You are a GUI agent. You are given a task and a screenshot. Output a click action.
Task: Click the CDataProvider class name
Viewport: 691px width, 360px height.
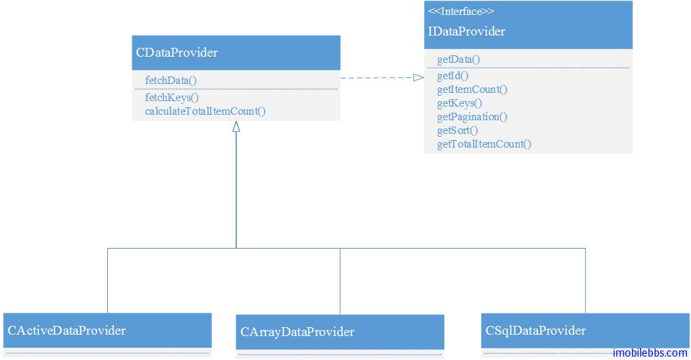177,53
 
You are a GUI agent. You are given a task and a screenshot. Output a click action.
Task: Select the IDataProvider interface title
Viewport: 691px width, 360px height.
466,31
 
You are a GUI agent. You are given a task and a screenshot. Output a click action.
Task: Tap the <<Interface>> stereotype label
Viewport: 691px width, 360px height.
461,11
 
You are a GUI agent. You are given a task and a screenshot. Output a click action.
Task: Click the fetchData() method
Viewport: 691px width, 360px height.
171,81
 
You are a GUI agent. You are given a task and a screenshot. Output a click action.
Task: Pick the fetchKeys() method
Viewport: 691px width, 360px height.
171,98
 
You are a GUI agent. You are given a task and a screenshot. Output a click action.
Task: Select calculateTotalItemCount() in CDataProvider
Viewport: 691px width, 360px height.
205,111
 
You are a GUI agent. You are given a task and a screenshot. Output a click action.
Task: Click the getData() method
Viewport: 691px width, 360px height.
458,59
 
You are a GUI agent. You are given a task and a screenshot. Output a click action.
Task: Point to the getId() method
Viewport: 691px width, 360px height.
453,76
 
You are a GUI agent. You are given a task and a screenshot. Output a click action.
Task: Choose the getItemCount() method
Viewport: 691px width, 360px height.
472,89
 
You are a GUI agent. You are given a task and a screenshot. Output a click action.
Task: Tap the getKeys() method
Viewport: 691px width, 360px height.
459,103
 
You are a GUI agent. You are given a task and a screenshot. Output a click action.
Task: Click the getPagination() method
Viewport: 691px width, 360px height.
472,117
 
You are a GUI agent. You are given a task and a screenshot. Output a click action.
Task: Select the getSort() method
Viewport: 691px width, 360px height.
457,130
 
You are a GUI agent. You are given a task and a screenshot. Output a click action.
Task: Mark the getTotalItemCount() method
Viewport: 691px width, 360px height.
483,144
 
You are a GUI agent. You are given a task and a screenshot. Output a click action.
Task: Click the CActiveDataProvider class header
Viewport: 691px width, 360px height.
67,331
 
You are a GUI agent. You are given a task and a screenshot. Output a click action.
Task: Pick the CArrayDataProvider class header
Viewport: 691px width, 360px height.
298,332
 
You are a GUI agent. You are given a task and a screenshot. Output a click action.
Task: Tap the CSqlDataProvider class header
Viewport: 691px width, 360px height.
536,331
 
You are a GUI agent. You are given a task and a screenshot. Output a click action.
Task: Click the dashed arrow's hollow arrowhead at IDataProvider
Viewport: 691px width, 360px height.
419,78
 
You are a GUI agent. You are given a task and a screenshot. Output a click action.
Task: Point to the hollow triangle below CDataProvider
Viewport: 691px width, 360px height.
236,126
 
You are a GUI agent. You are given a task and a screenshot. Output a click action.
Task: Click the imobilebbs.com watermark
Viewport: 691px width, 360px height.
649,352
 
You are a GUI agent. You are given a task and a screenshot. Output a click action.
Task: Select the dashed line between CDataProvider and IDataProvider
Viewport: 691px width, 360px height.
376,78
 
